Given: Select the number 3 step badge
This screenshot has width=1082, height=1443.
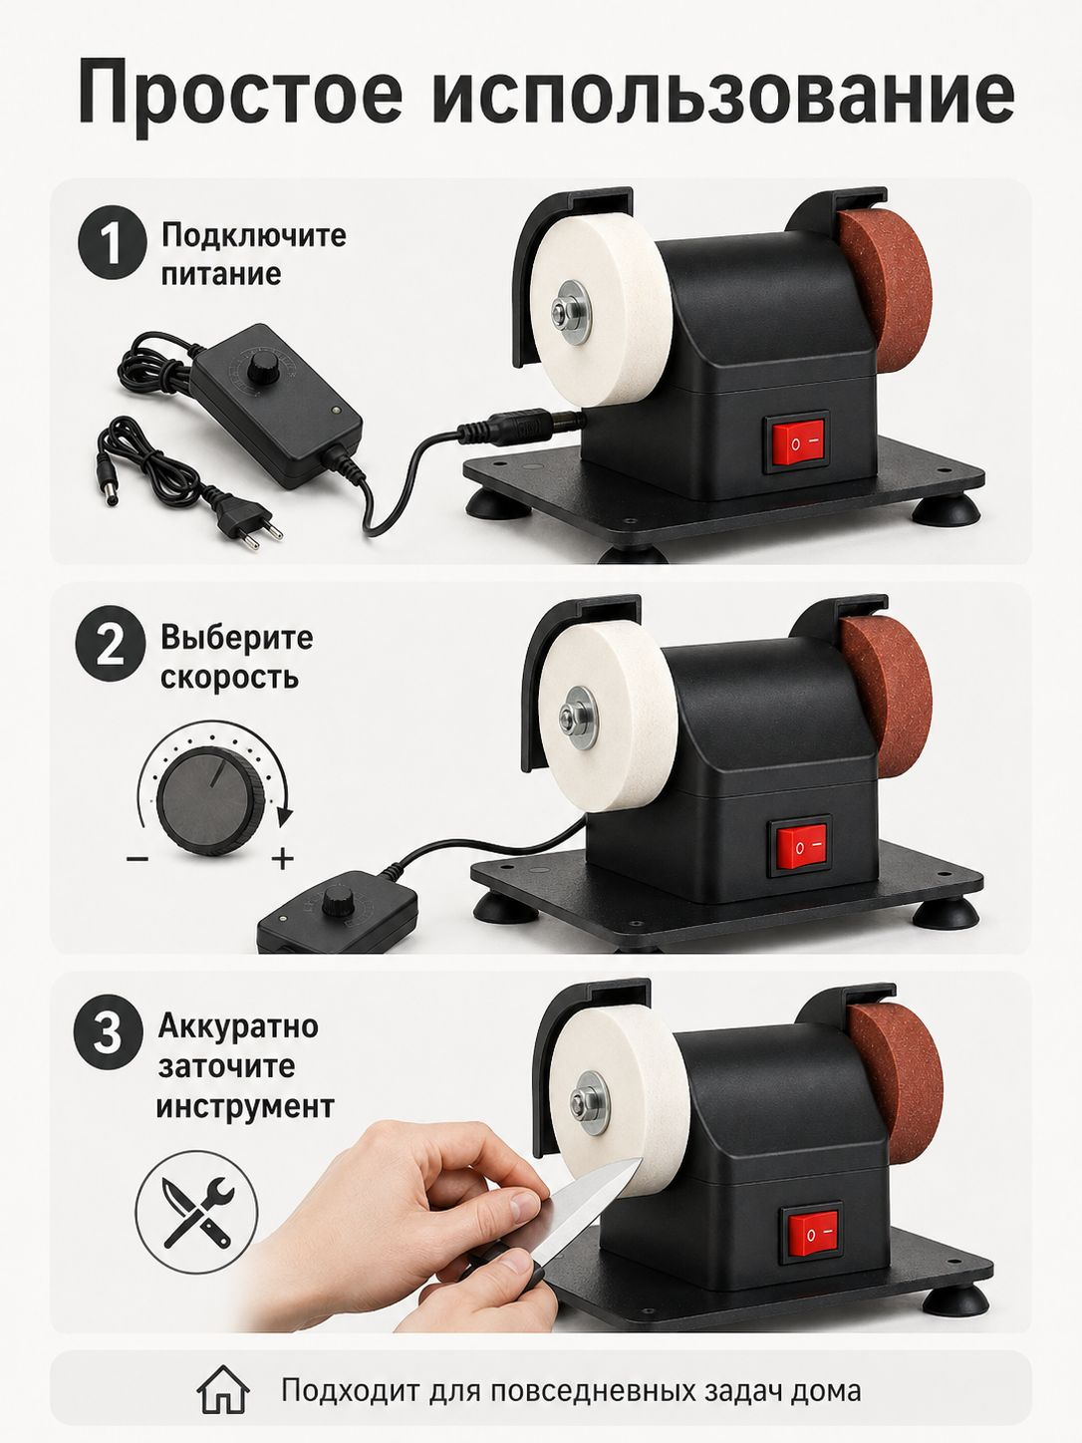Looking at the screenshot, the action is (108, 1032).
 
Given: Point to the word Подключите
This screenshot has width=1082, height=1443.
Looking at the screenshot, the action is (254, 235).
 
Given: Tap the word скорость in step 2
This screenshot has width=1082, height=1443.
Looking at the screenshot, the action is (229, 677).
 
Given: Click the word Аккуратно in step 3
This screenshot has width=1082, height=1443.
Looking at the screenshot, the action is (238, 1026).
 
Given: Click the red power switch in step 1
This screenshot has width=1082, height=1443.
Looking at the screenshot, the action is (796, 441).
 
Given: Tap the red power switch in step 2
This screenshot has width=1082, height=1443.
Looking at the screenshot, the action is (801, 847).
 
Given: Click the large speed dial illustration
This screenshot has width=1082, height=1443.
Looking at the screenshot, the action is (210, 801).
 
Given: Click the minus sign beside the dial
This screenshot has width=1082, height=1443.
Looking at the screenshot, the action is (137, 859).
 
